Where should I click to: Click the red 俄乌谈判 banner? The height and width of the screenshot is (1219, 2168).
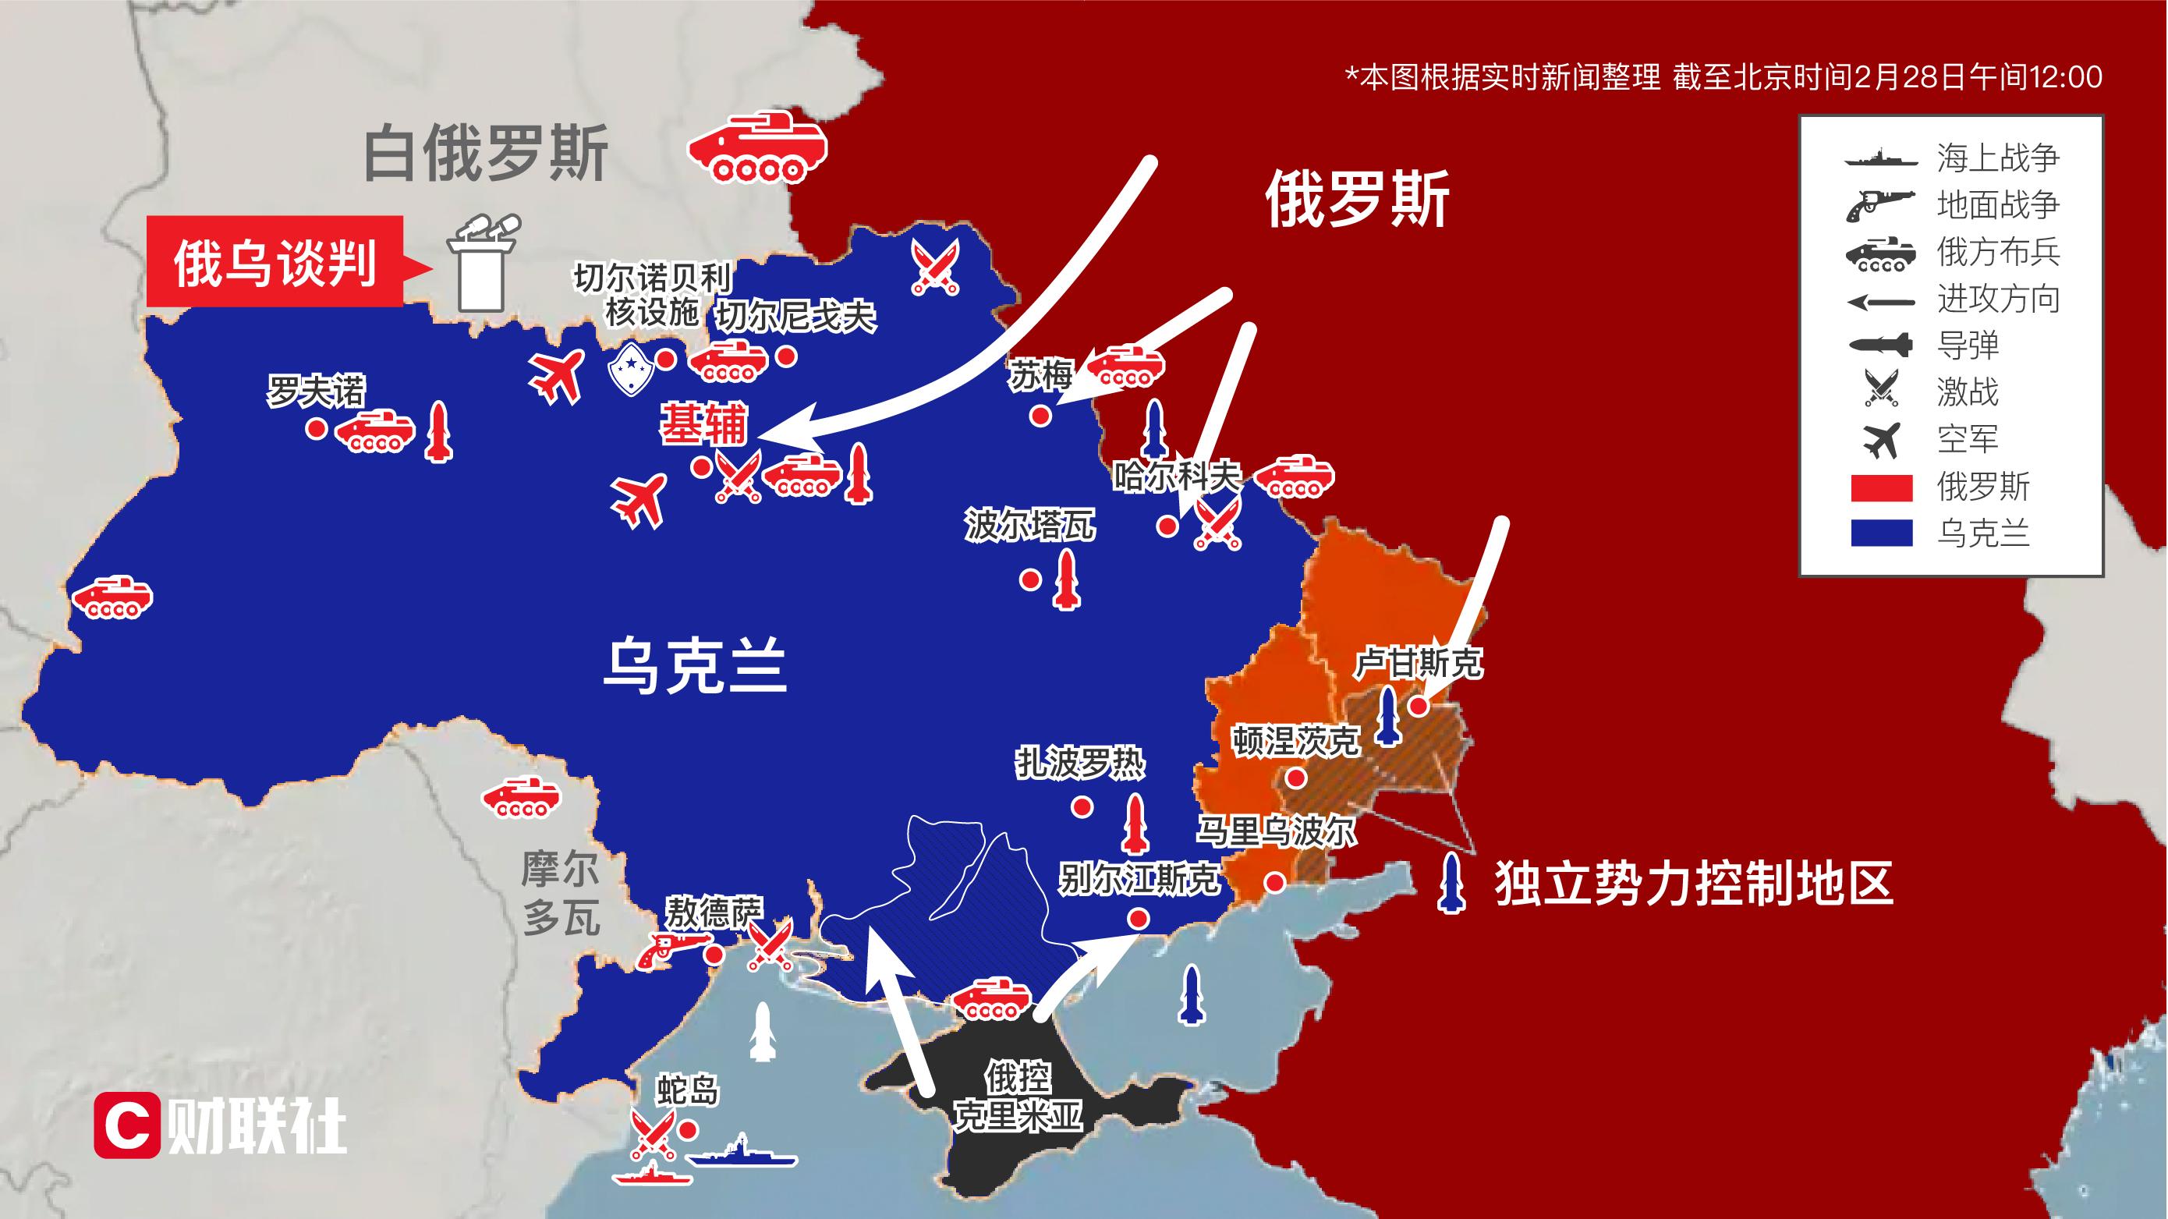275,263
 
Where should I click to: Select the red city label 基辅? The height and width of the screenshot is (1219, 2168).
703,425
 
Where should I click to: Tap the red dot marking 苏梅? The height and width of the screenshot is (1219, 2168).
1041,415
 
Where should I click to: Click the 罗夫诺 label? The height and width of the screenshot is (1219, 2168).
317,391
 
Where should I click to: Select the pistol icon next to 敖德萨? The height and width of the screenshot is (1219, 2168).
668,949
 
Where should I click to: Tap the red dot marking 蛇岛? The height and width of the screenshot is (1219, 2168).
689,1129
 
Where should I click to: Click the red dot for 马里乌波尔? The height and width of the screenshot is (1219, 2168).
1274,882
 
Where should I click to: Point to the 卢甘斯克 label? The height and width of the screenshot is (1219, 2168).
1419,664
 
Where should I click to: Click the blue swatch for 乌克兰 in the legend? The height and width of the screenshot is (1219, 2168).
1882,533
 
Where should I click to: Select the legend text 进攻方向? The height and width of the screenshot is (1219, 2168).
1997,299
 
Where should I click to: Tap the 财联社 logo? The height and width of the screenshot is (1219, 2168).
221,1125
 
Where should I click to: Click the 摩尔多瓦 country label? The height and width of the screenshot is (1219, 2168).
561,893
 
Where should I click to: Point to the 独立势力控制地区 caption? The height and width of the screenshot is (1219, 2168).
1693,883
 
